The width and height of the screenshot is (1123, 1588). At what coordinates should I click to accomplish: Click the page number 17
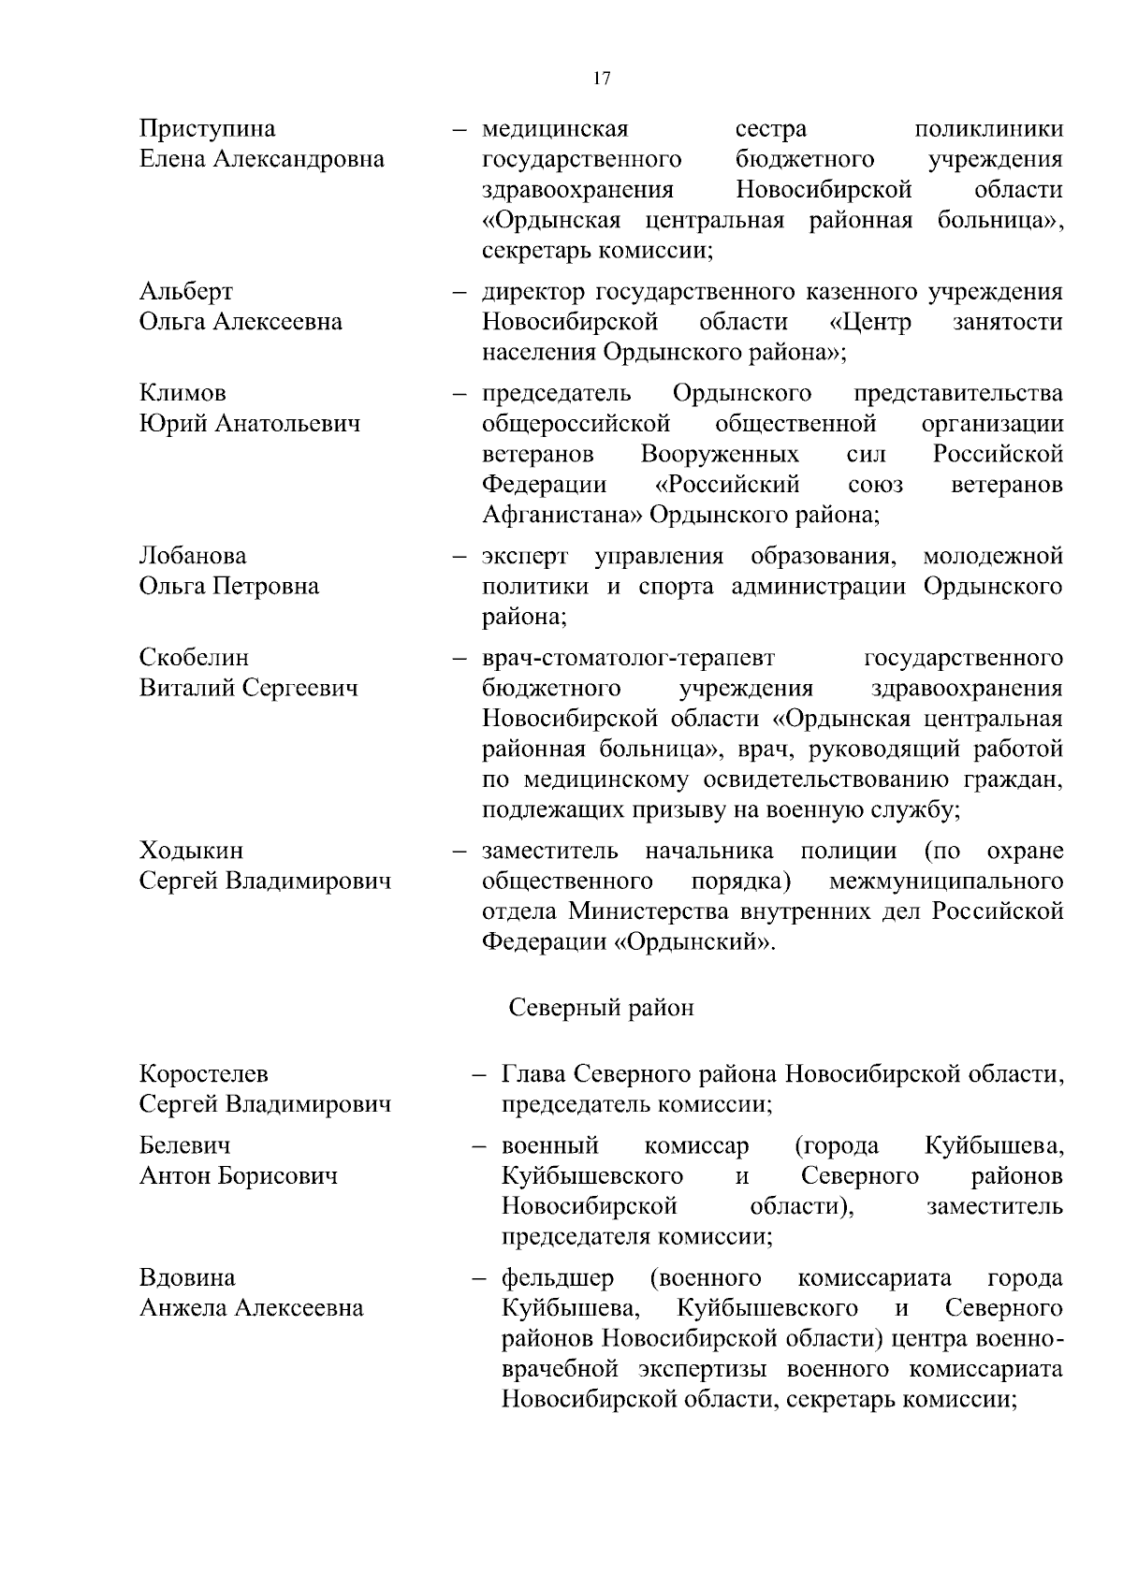(x=602, y=79)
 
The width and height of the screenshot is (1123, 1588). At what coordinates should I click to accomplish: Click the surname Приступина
(x=207, y=128)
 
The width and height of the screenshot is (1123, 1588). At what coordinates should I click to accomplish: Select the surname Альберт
(x=186, y=291)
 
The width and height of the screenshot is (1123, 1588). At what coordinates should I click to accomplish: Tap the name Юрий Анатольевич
(x=250, y=423)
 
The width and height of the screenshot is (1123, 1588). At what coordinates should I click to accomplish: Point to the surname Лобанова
(x=193, y=556)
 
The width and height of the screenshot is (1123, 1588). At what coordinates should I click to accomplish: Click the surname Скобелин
(x=194, y=657)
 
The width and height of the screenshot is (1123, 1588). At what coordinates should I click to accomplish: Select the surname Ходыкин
(x=191, y=851)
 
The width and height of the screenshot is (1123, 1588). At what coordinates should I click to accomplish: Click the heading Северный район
(x=601, y=1007)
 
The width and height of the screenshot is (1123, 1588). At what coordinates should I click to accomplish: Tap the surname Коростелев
(x=203, y=1073)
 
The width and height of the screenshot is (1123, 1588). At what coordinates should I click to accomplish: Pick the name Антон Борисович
(x=238, y=1175)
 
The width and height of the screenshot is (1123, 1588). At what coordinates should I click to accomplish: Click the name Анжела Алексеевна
(x=251, y=1307)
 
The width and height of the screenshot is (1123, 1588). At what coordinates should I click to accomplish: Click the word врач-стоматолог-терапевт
(x=628, y=657)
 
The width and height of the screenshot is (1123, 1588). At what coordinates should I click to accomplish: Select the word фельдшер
(x=558, y=1277)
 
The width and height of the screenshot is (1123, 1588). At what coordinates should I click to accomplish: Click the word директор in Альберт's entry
(x=532, y=291)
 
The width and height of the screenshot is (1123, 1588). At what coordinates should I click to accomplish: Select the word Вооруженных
(x=720, y=454)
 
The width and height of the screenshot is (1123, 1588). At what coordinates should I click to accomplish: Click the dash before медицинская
(x=459, y=129)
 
